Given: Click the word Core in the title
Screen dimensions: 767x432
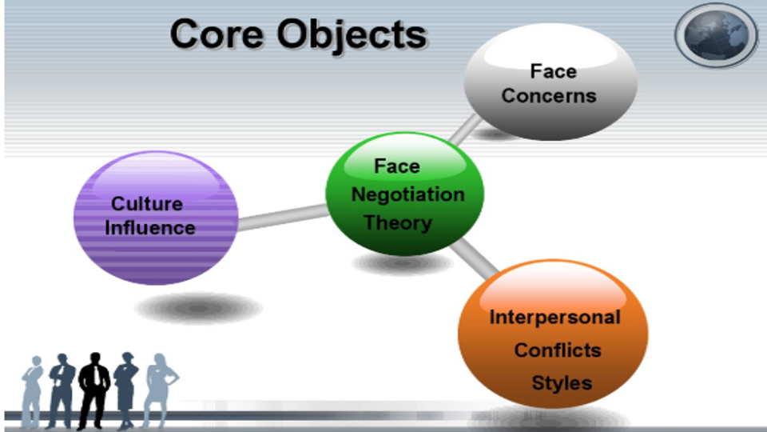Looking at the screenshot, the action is (215, 35).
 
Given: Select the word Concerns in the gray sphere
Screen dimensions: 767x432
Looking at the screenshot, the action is (549, 96).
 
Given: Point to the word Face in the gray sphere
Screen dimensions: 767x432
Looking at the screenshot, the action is (553, 72).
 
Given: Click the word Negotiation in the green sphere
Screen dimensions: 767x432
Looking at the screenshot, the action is (407, 194).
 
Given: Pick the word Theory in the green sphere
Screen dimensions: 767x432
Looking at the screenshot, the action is (398, 222).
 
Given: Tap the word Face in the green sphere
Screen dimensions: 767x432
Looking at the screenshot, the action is (396, 166).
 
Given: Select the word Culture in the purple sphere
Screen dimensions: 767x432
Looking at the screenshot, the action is (147, 204).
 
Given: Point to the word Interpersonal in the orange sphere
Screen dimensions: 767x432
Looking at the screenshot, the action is (554, 318).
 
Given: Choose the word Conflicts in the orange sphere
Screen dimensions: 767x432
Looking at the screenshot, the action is (558, 350).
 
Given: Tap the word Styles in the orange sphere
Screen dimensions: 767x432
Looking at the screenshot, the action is (562, 382).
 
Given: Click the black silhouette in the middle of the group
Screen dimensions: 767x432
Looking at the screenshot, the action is (93, 388).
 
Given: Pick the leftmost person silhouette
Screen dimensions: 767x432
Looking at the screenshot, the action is (32, 392).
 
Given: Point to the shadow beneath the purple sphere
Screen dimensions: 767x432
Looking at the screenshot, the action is (197, 308).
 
